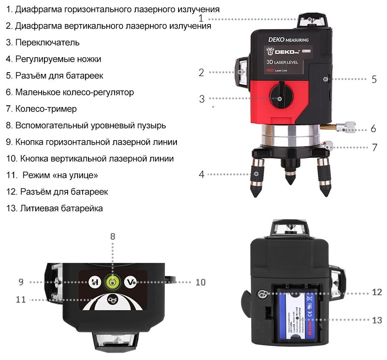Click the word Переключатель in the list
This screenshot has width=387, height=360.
(x=47, y=42)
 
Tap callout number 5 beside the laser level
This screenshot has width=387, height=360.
(x=374, y=79)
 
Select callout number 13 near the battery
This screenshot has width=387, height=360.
(x=377, y=320)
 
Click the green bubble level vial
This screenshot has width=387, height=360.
(x=113, y=282)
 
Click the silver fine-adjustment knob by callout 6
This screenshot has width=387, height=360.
(x=345, y=126)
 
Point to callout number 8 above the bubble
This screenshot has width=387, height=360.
(x=113, y=237)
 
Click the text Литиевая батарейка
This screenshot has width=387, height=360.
(x=61, y=208)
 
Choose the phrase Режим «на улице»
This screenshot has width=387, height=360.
(x=61, y=175)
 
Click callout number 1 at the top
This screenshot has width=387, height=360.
(x=201, y=18)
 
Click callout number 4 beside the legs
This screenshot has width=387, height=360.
(x=201, y=174)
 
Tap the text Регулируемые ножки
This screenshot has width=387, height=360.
(x=58, y=59)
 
